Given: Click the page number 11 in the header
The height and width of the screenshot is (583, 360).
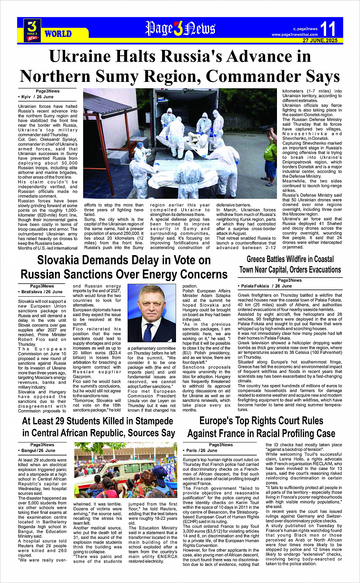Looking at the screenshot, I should click(328, 29).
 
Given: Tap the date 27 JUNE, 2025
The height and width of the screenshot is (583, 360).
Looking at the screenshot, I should click(320, 40).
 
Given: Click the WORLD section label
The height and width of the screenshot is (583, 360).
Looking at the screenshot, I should click(58, 34).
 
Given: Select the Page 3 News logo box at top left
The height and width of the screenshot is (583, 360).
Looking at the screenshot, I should click(32, 30).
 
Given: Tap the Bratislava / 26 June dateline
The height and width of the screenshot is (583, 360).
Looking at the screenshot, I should click(42, 292).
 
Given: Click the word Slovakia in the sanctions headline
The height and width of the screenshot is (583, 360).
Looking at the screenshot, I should click(62, 260).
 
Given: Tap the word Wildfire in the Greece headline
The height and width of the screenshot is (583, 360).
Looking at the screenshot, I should click(298, 259).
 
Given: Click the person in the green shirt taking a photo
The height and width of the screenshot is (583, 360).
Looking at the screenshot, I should click(271, 156).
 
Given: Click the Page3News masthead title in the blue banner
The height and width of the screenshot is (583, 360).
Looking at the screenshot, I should click(180, 29).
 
